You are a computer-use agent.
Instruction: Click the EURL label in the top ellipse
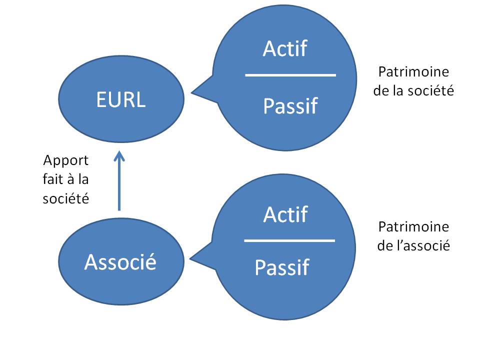click(121, 99)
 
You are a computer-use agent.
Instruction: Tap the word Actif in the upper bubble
click(285, 48)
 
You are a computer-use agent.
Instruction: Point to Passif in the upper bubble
click(290, 106)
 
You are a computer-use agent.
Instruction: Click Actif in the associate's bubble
click(285, 214)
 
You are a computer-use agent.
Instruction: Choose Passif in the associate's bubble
click(282, 267)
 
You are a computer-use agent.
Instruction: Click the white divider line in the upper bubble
click(290, 75)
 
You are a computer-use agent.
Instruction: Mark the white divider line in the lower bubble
click(289, 241)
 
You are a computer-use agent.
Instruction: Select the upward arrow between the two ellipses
click(119, 180)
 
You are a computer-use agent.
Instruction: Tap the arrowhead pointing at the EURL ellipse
click(119, 153)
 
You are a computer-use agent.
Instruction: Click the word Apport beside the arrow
click(66, 160)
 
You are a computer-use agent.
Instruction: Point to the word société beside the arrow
click(66, 198)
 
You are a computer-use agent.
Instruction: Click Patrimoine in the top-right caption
click(413, 71)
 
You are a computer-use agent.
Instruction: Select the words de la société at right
click(413, 90)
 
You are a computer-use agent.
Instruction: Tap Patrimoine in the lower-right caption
click(413, 226)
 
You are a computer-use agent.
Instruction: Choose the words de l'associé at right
click(413, 245)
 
